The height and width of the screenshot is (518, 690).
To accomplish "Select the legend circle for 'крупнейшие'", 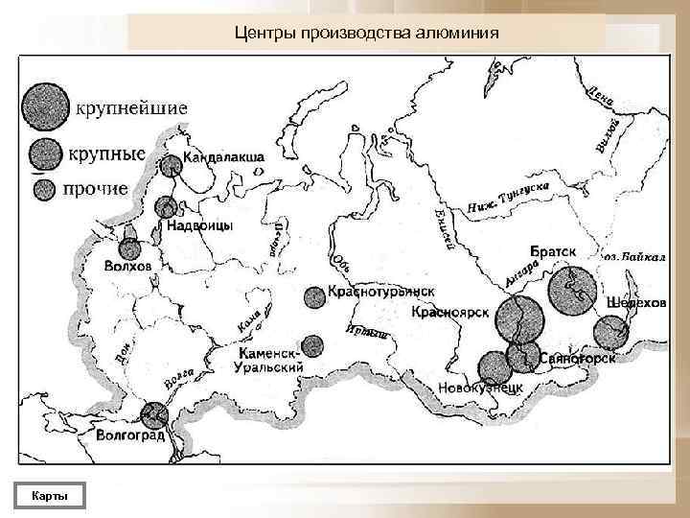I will (45, 106).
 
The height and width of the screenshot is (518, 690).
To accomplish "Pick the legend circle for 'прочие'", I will (44, 189).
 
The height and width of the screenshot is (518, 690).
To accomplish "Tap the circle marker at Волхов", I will (128, 248).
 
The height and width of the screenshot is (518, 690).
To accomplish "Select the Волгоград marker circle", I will (153, 415).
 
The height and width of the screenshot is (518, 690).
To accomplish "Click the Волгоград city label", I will (131, 436).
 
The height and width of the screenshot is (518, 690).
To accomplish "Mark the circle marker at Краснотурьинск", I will (314, 298).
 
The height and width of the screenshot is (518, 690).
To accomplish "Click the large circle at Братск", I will (571, 293).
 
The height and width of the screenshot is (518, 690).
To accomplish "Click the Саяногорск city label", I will (575, 357).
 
